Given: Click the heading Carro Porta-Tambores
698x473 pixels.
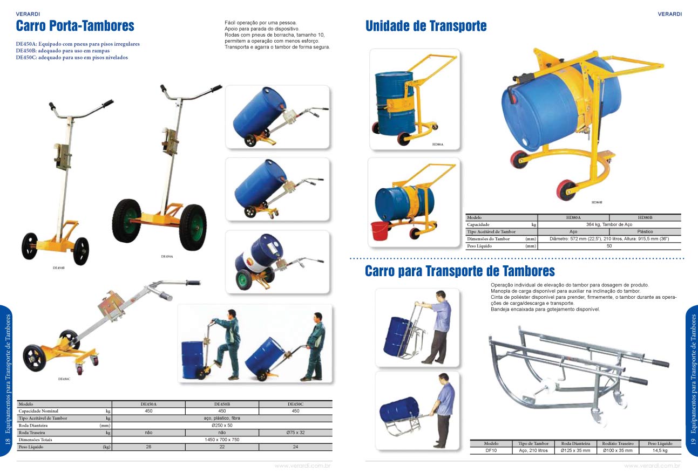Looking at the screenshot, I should coord(75,25).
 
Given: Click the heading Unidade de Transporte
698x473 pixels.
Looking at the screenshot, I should coord(426,25).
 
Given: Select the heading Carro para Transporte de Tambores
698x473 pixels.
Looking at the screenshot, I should coord(460,271).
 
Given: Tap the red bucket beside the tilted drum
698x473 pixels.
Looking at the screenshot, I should coord(380,230).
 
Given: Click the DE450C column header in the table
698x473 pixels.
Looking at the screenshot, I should coord(295,404).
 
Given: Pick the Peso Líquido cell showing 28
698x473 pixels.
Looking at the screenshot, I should coord(148,447).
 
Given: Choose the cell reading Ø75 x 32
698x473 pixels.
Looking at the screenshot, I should coord(295,433).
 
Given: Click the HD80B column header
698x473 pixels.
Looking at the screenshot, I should coord(645,217).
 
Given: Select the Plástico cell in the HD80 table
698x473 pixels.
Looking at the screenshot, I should coord(645,231).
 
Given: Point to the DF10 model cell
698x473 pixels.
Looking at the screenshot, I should coord(491,450).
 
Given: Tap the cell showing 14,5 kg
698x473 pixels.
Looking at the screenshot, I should coord(660,450).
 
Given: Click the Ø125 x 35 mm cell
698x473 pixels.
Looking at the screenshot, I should coord(575,450).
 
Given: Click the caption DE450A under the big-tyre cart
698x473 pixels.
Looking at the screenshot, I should coord(167,257).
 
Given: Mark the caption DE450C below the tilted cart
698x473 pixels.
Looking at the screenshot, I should coord(64,379).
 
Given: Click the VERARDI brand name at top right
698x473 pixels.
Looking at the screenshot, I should coord(669,14).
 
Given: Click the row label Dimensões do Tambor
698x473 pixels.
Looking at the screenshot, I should coord(489,239).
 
